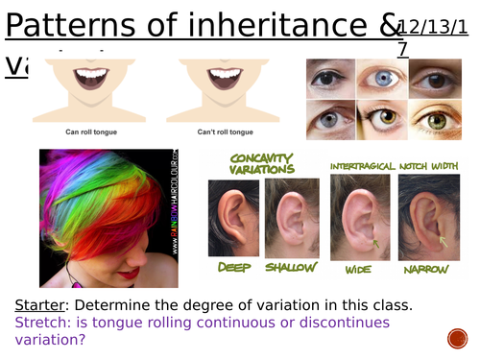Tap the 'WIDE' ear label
(x=357, y=270)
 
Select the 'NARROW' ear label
(x=425, y=270)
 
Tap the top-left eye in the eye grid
(x=330, y=80)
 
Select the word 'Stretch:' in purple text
(x=43, y=323)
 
